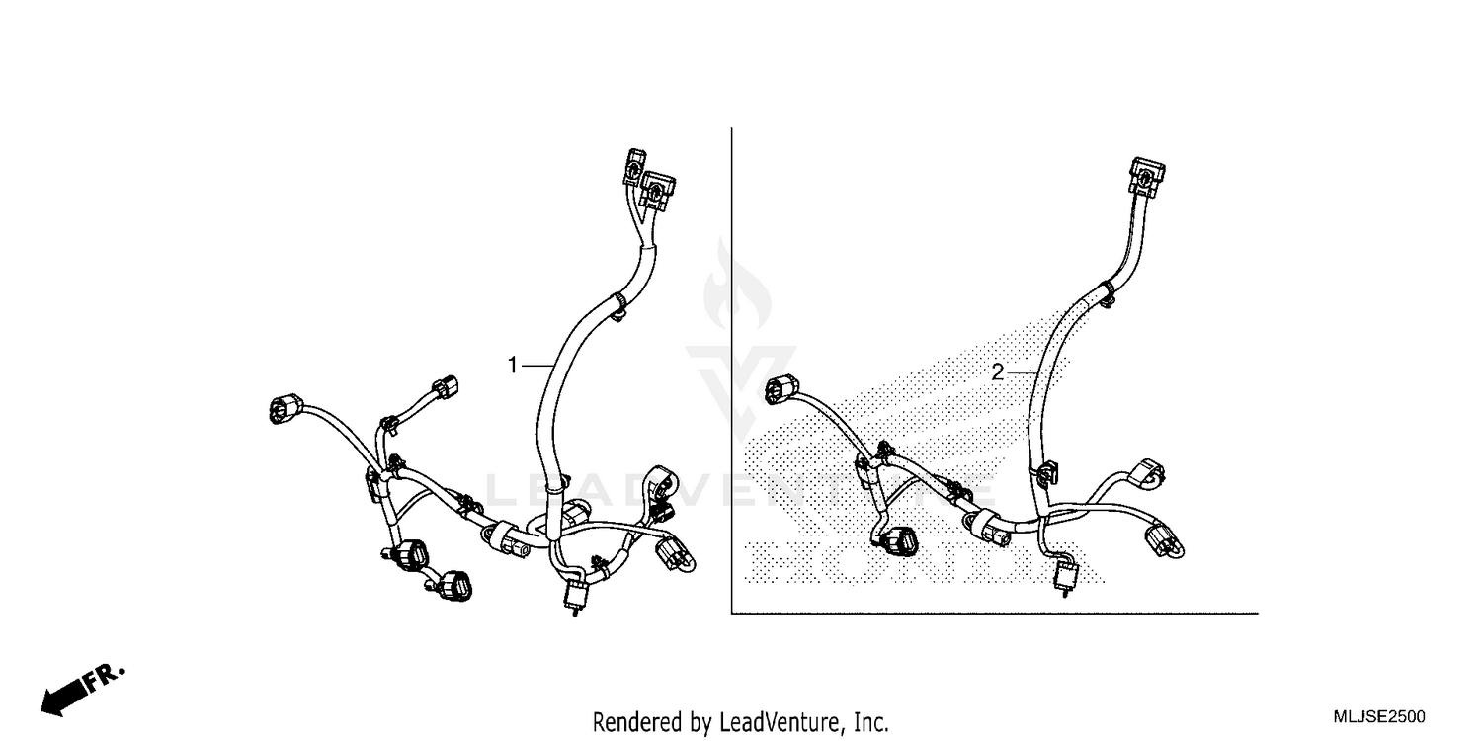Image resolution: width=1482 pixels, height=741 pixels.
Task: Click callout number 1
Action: (x=513, y=366)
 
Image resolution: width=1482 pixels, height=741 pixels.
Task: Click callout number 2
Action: (x=998, y=372)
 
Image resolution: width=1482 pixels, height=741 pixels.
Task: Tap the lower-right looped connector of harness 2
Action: (x=1162, y=539)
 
